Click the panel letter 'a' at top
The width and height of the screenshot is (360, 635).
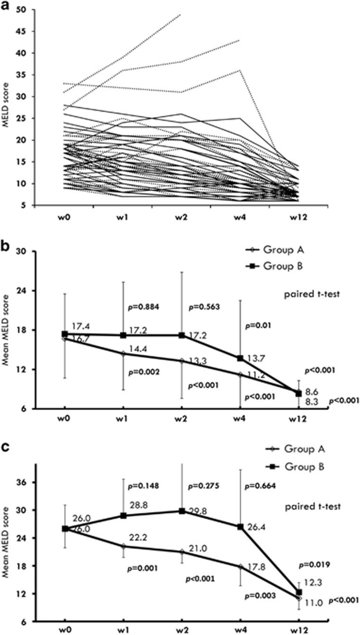(x=6, y=6)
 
